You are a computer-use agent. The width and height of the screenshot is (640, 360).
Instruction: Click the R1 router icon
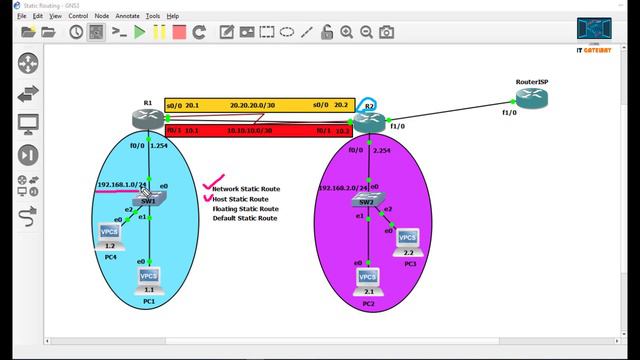[x=147, y=119]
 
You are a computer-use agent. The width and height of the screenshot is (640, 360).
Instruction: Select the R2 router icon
[x=368, y=121]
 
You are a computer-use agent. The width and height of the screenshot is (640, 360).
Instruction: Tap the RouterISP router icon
[x=532, y=98]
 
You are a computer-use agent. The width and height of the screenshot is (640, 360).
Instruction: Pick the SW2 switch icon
[x=367, y=202]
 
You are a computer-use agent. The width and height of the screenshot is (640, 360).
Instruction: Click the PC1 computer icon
[x=149, y=277]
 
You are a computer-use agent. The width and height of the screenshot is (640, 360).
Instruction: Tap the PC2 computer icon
[x=367, y=278]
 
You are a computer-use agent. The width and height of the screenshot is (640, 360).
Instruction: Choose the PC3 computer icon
[x=407, y=238]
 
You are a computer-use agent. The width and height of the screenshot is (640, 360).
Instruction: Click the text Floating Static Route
[x=245, y=208]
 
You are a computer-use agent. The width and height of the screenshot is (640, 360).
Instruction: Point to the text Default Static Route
[x=244, y=218]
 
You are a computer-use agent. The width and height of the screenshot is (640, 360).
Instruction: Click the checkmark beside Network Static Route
[x=209, y=185]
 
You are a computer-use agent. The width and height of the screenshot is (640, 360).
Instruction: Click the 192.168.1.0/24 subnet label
[x=122, y=185]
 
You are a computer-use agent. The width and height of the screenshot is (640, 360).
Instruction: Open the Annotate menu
[x=128, y=16]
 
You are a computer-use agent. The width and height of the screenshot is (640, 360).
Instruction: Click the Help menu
[x=173, y=16]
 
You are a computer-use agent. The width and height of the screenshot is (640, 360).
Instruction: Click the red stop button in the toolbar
[x=179, y=32]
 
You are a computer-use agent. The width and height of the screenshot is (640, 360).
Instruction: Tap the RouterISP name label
[x=533, y=80]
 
